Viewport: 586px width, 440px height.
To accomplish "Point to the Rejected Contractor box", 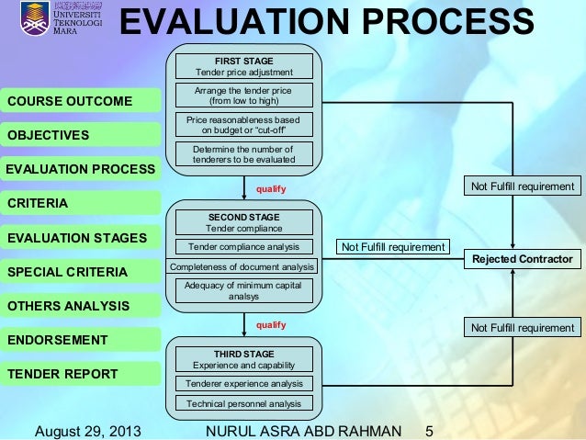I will pyautogui.click(x=522, y=258).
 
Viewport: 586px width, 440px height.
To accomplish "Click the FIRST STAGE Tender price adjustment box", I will pyautogui.click(x=243, y=66).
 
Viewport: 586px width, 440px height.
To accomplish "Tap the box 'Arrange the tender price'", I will pyautogui.click(x=243, y=96).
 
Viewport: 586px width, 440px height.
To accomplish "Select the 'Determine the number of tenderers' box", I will pyautogui.click(x=243, y=154).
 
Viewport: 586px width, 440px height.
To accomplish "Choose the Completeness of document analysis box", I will pyautogui.click(x=243, y=266).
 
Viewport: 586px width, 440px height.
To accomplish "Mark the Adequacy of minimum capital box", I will pyautogui.click(x=243, y=291).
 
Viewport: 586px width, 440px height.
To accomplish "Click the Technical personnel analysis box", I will pyautogui.click(x=243, y=403).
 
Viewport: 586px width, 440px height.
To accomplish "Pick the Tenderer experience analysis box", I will pyautogui.click(x=243, y=383).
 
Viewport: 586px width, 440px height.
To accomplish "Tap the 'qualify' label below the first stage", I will pyautogui.click(x=271, y=189).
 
